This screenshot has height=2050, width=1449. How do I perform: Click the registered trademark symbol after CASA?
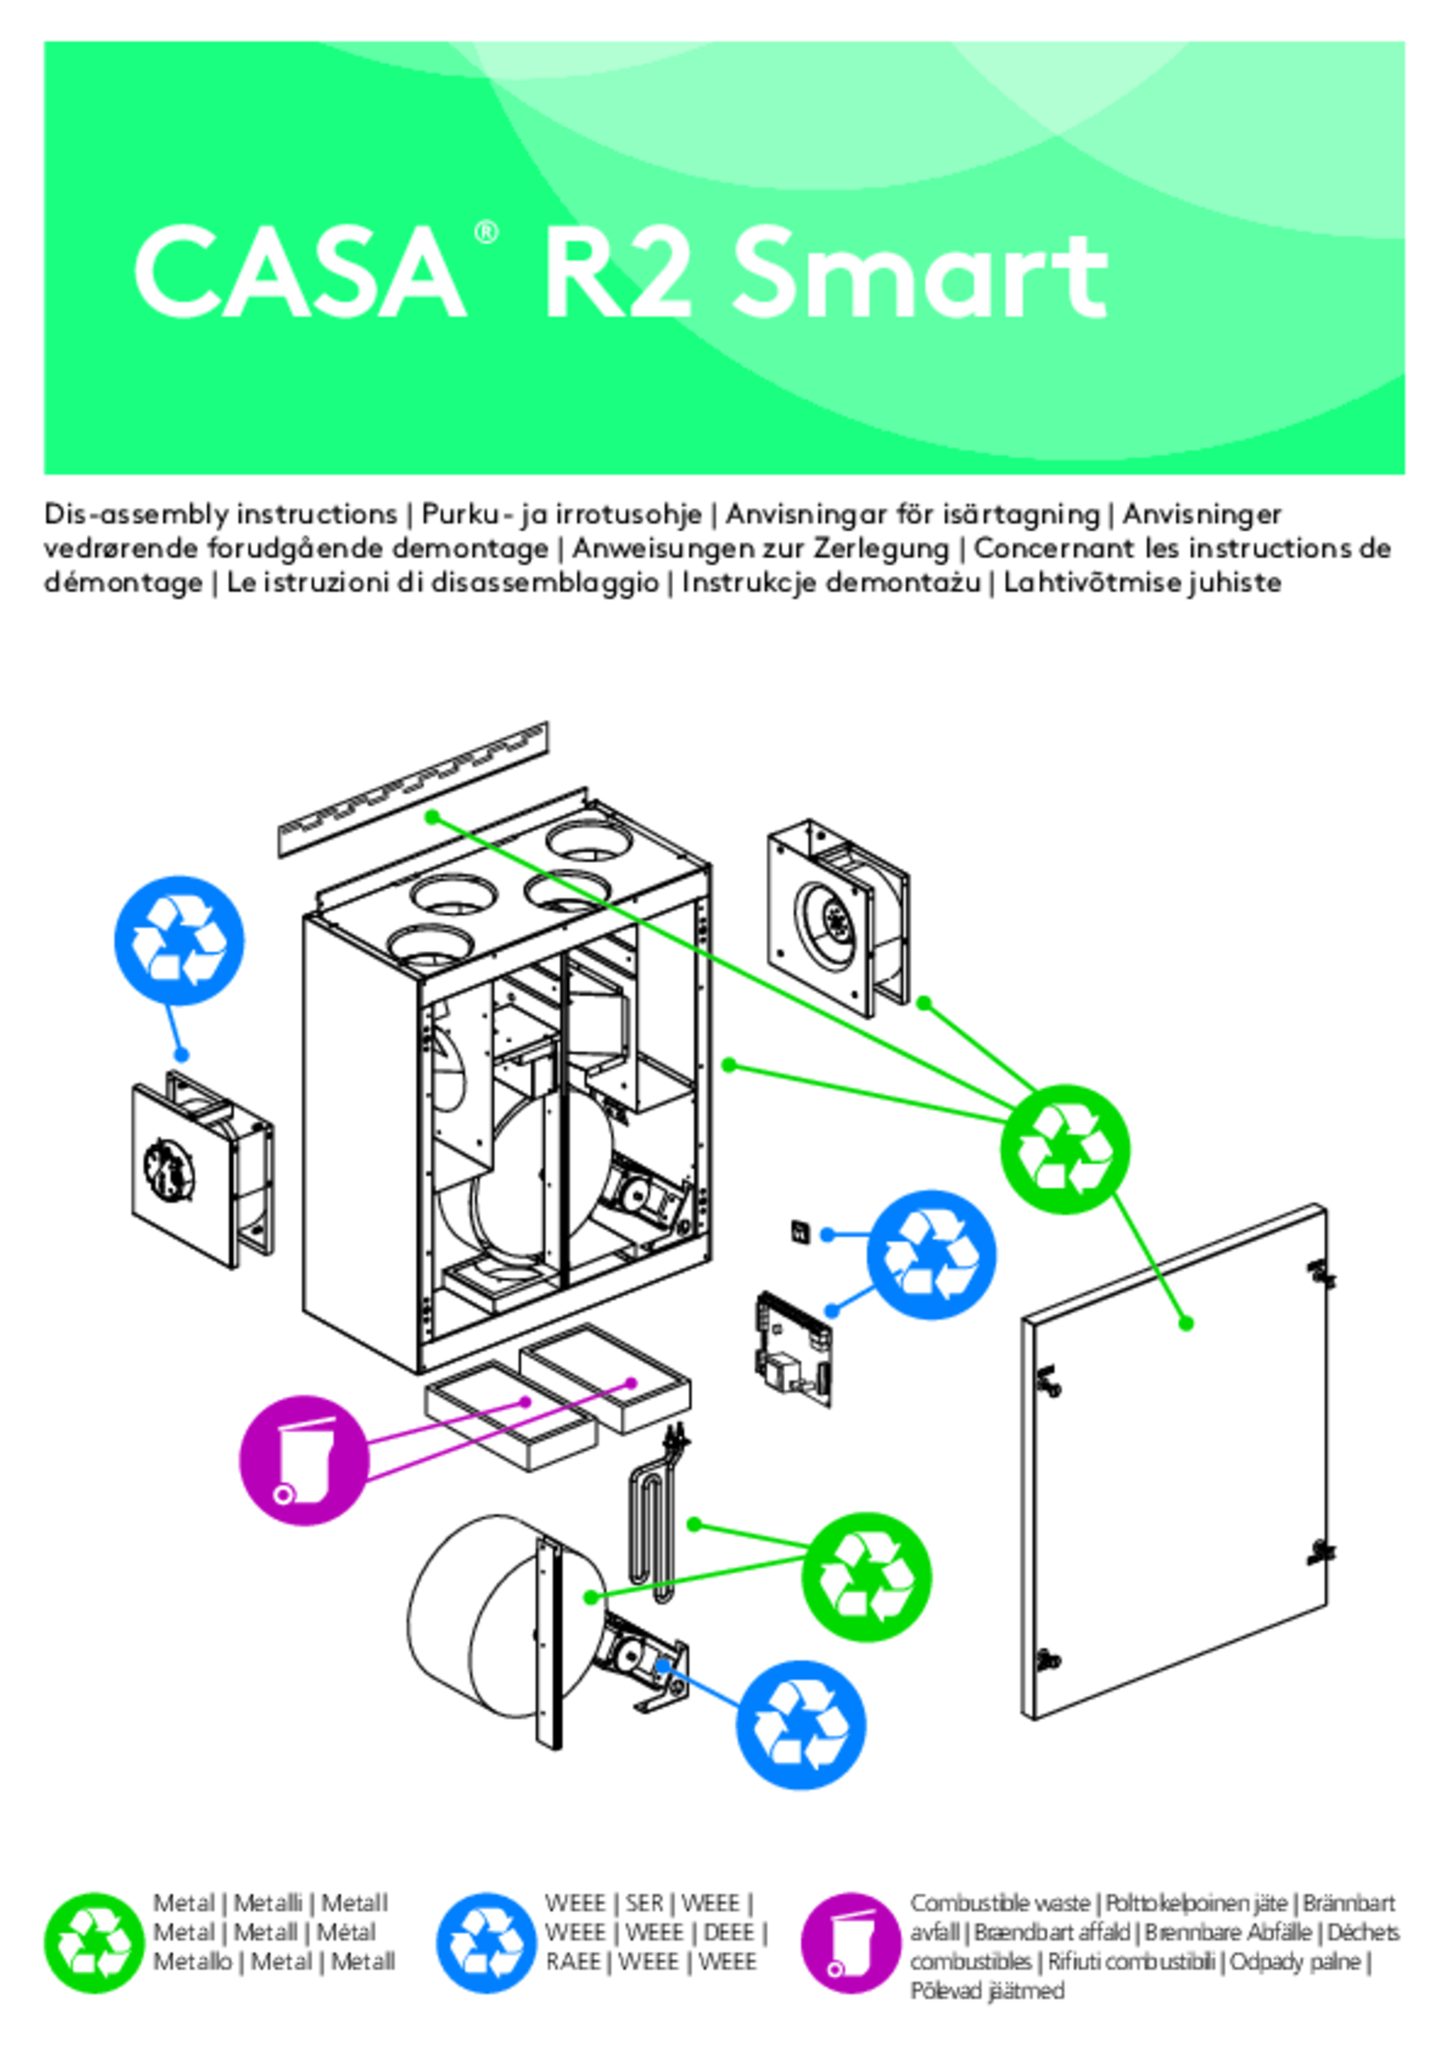(485, 234)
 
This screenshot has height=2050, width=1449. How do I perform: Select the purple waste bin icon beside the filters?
(304, 1460)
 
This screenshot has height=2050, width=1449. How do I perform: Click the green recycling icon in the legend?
(93, 1942)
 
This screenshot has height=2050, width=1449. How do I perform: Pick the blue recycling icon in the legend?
(485, 1942)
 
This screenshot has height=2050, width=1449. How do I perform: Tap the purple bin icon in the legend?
(849, 1942)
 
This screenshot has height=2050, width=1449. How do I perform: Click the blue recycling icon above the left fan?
(178, 940)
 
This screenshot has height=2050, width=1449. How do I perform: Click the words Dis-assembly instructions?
(220, 514)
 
